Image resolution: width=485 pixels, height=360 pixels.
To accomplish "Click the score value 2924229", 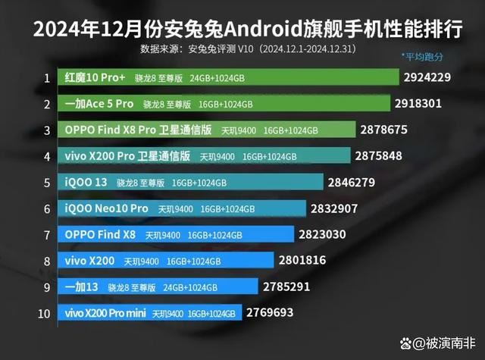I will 433,77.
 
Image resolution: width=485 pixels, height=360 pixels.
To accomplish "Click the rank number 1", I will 47,77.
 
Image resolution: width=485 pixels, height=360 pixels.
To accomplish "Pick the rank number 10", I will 45,312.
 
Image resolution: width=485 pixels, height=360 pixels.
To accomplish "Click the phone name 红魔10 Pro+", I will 94,77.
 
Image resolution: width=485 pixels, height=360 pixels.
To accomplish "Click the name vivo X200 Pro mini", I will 106,312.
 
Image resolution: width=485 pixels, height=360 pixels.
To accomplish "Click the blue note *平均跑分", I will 422,57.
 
